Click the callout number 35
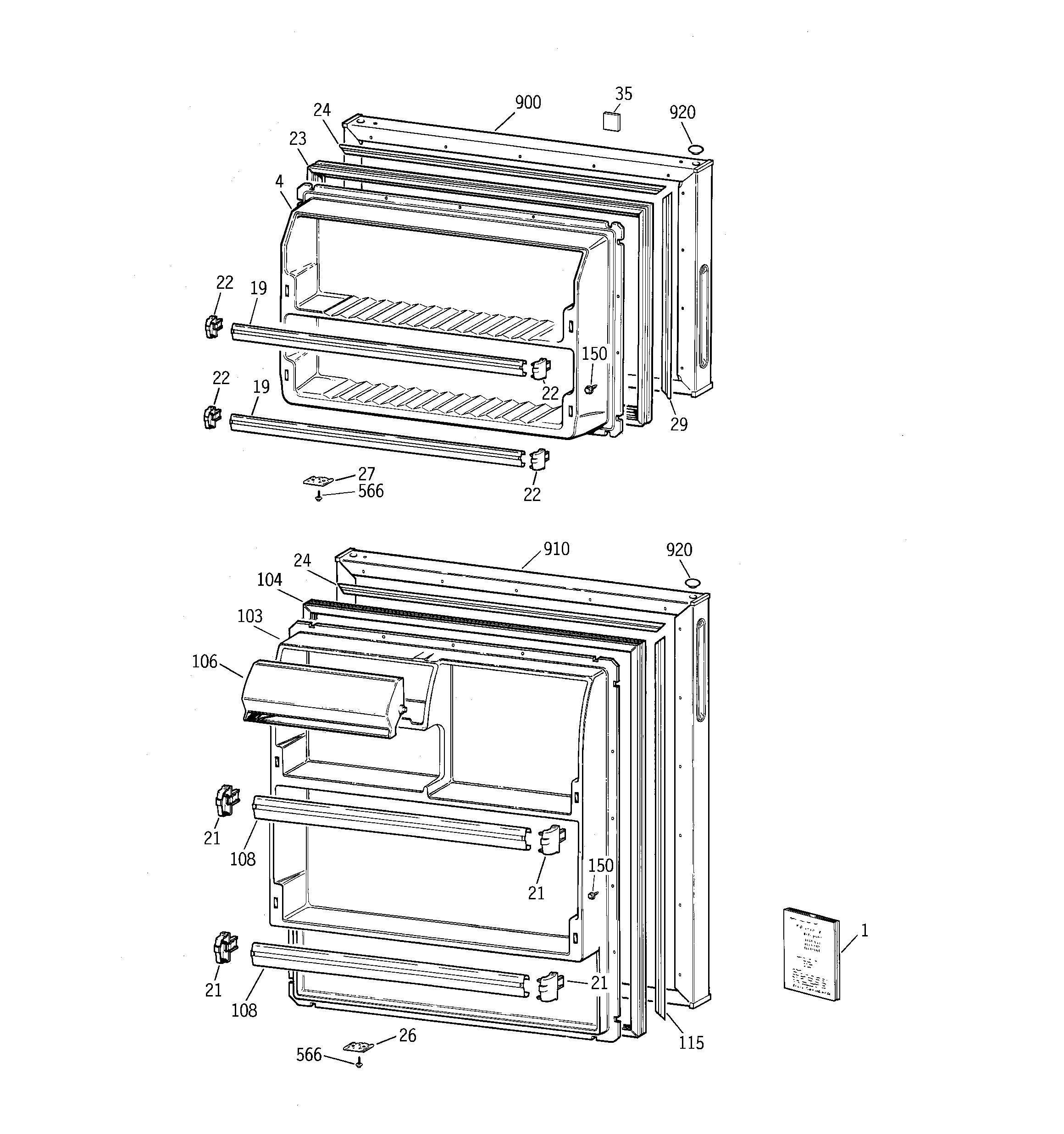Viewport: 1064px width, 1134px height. pyautogui.click(x=623, y=94)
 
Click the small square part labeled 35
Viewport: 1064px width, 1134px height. pyautogui.click(x=611, y=121)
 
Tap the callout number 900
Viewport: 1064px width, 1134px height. pyautogui.click(x=527, y=103)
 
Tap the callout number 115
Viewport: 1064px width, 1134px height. pyautogui.click(x=691, y=1043)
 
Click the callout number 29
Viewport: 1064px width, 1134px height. pyautogui.click(x=678, y=424)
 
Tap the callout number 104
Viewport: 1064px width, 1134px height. pyautogui.click(x=269, y=580)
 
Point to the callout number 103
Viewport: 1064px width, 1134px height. pyautogui.click(x=250, y=616)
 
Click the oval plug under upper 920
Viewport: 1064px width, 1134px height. pyautogui.click(x=695, y=149)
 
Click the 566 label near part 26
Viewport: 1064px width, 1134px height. pyautogui.click(x=309, y=1055)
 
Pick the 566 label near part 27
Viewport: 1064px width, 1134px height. pyautogui.click(x=371, y=491)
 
